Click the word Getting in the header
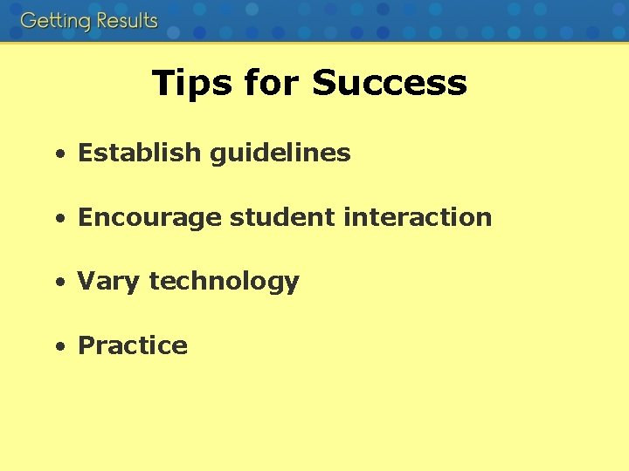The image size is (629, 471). pyautogui.click(x=55, y=21)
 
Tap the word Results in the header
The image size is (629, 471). pyautogui.click(x=126, y=21)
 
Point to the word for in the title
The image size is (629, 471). pyautogui.click(x=272, y=83)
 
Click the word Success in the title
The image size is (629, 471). pyautogui.click(x=389, y=83)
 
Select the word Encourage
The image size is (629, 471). pyautogui.click(x=150, y=218)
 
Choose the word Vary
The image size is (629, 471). pyautogui.click(x=110, y=282)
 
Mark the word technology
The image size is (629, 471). pyautogui.click(x=225, y=282)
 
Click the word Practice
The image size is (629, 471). pyautogui.click(x=133, y=345)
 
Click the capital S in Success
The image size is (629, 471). pyautogui.click(x=325, y=83)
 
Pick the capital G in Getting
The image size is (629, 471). pyautogui.click(x=29, y=21)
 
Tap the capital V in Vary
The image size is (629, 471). pyautogui.click(x=86, y=282)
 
